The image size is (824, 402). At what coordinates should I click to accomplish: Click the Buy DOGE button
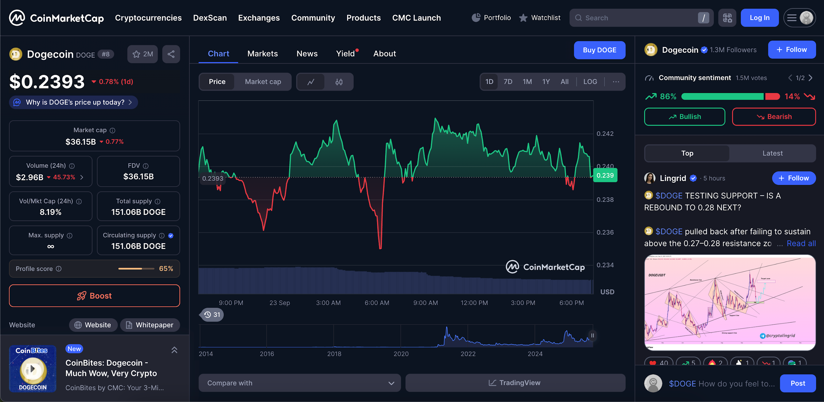pyautogui.click(x=599, y=50)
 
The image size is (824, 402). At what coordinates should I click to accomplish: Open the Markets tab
pyautogui.click(x=262, y=54)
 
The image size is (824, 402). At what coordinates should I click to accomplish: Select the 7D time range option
pyautogui.click(x=508, y=81)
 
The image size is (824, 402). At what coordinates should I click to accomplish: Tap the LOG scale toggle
pyautogui.click(x=590, y=81)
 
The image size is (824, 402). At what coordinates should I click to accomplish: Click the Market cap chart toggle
pyautogui.click(x=263, y=81)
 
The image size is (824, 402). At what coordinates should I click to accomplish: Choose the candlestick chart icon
pyautogui.click(x=339, y=82)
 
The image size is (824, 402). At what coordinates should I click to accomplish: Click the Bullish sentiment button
pyautogui.click(x=684, y=117)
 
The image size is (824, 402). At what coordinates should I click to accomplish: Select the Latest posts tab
pyautogui.click(x=772, y=153)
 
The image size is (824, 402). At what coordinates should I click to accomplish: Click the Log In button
pyautogui.click(x=759, y=18)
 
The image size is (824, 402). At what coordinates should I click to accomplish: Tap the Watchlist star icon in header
pyautogui.click(x=523, y=18)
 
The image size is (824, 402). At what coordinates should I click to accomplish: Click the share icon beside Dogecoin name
pyautogui.click(x=171, y=54)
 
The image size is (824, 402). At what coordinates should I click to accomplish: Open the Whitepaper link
pyautogui.click(x=150, y=325)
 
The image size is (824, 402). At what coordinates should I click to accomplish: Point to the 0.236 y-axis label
pyautogui.click(x=605, y=232)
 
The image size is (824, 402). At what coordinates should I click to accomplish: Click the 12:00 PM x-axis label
pyautogui.click(x=474, y=303)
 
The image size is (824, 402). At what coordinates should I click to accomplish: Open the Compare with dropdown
pyautogui.click(x=300, y=383)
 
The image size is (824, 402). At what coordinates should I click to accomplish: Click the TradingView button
pyautogui.click(x=515, y=383)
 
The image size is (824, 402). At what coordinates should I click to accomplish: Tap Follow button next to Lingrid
pyautogui.click(x=793, y=178)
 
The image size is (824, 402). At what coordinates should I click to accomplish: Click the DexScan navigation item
pyautogui.click(x=210, y=18)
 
